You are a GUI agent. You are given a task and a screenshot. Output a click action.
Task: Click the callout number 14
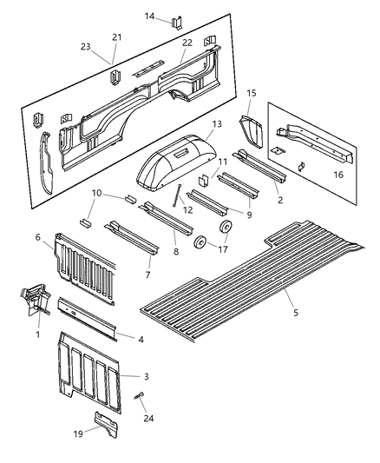tap(149, 16)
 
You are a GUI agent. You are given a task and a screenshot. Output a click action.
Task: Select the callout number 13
tap(217, 124)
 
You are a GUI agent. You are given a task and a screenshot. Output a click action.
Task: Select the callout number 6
tap(62, 236)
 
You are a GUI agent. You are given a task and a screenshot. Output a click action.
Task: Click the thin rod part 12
tap(180, 196)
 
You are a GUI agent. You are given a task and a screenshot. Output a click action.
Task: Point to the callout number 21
tap(117, 37)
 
